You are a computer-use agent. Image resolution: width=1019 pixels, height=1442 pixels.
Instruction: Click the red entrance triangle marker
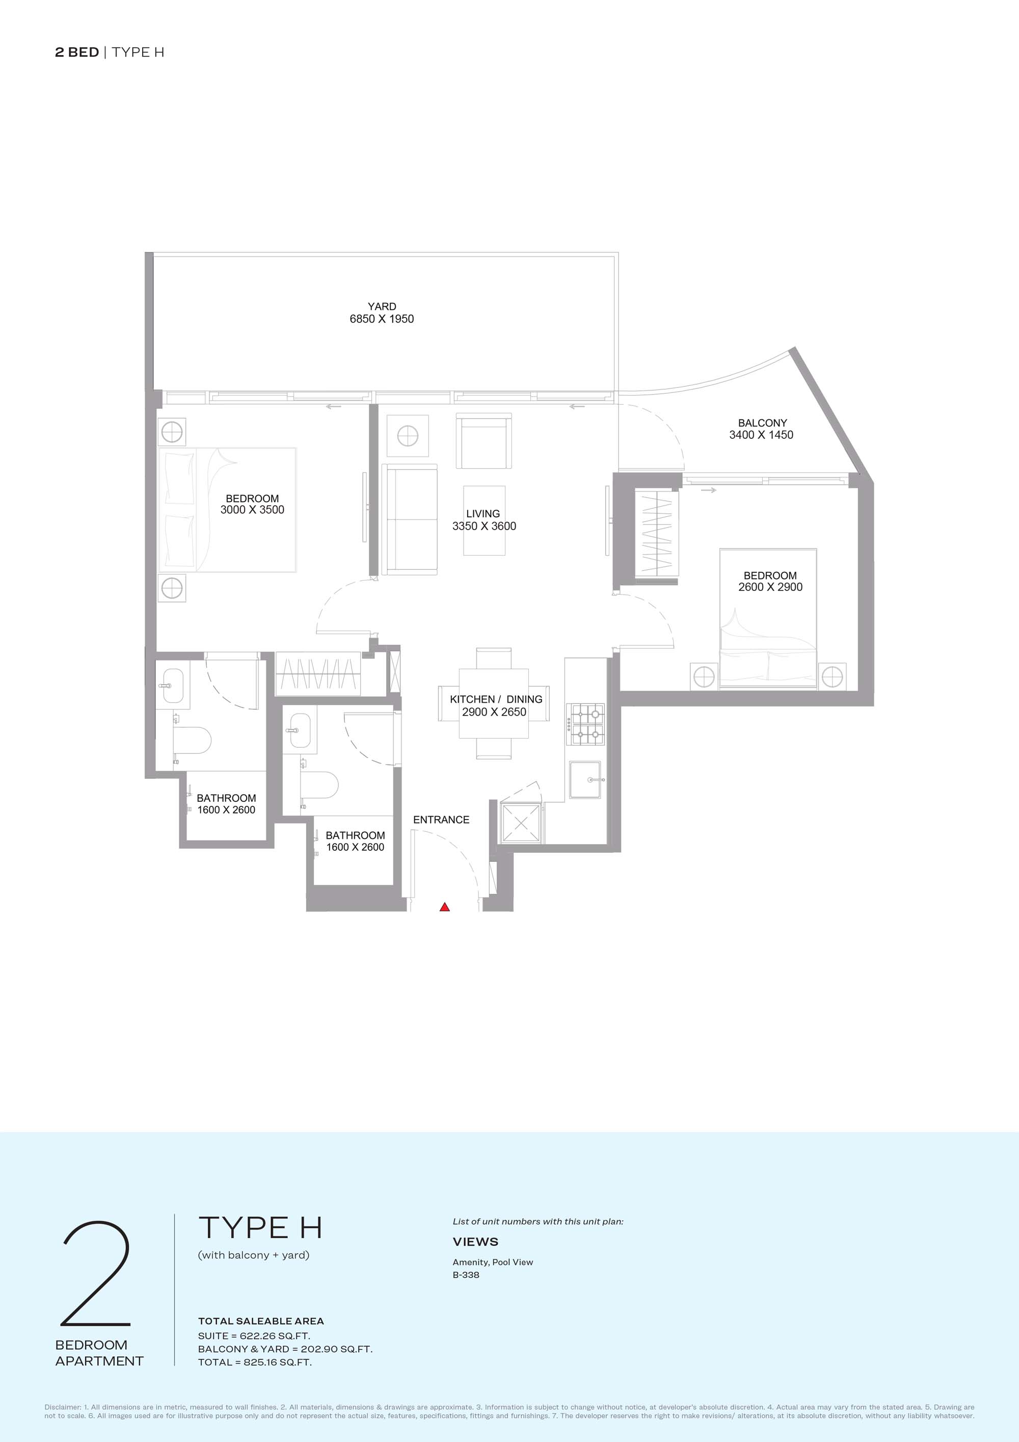tap(444, 906)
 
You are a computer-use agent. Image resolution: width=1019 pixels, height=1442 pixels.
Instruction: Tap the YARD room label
tap(382, 306)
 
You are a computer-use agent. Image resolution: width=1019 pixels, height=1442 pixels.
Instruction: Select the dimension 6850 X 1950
tap(382, 319)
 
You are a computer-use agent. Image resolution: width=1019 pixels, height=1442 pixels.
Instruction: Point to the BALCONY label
tap(762, 423)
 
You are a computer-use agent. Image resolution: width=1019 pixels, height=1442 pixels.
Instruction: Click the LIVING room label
tap(483, 514)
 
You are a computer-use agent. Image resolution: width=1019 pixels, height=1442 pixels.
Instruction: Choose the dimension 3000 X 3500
tap(252, 510)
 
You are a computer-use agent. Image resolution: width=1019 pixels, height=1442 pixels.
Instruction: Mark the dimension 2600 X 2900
tap(770, 587)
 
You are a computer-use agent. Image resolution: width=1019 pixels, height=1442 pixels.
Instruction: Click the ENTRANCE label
tap(441, 820)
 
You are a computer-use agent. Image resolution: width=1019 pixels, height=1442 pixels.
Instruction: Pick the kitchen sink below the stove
tap(585, 779)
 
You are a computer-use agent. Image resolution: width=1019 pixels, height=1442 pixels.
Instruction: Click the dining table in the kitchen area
tap(494, 703)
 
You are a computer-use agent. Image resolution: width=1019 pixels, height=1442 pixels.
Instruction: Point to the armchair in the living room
tap(484, 441)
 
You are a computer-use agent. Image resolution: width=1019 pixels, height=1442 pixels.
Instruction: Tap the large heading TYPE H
tap(260, 1227)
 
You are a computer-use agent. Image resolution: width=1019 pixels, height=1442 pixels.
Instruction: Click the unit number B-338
tap(466, 1274)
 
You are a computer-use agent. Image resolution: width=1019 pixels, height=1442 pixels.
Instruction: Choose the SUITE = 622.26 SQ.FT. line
tap(254, 1335)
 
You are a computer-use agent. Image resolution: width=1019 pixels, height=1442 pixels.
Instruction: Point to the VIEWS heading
tap(475, 1242)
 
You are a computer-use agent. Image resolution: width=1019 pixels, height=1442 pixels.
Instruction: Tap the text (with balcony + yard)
tap(254, 1255)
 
